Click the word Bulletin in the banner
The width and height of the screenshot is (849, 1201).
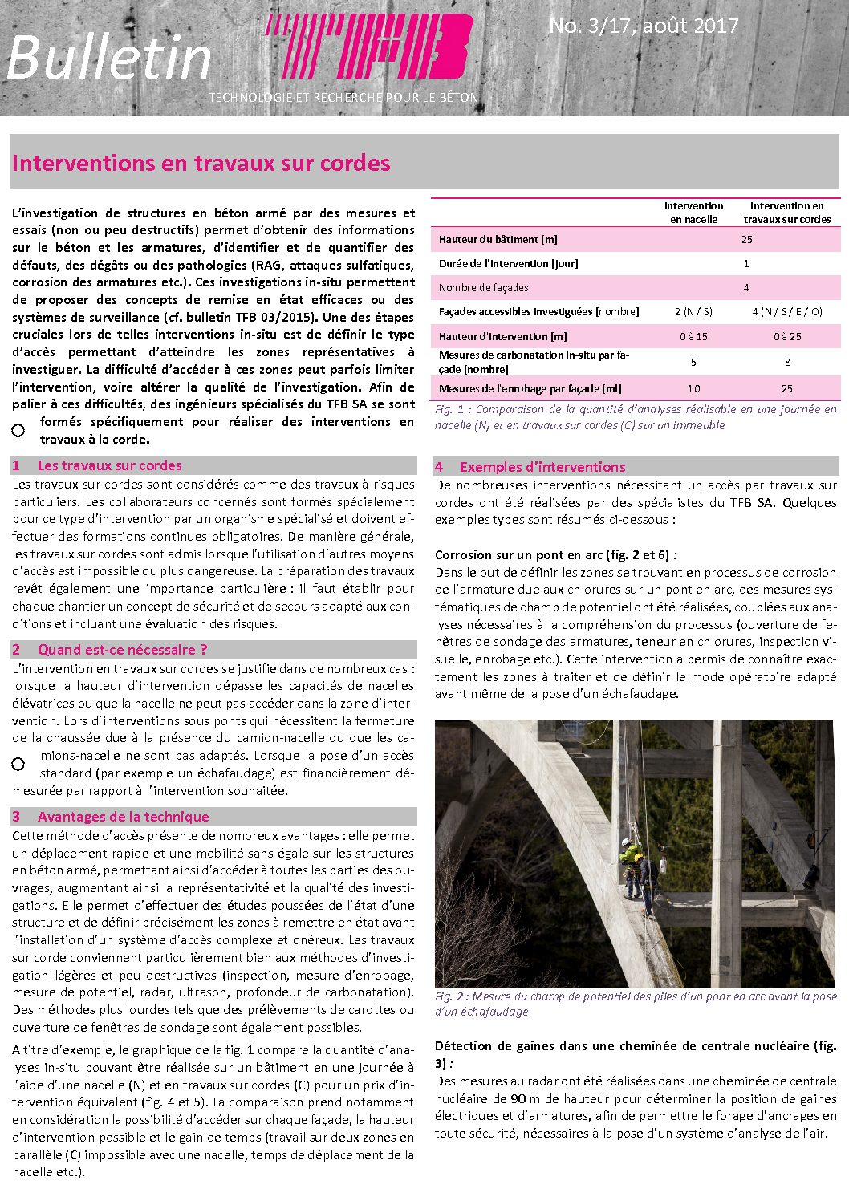(x=108, y=58)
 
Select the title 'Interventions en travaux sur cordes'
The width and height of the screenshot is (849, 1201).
(x=201, y=163)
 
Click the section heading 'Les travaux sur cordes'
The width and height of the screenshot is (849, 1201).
(x=109, y=465)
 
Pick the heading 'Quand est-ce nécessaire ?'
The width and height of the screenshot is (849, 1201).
(x=122, y=650)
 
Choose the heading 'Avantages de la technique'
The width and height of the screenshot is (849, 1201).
(x=123, y=817)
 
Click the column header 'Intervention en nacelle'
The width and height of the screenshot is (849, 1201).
(x=693, y=213)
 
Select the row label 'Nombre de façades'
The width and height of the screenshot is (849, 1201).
(x=484, y=287)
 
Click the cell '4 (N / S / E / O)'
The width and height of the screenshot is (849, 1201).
(x=786, y=311)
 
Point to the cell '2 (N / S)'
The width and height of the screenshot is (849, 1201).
(x=693, y=311)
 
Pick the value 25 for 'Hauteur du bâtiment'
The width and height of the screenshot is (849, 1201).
(x=746, y=239)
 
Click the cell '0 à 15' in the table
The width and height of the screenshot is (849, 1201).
(x=693, y=336)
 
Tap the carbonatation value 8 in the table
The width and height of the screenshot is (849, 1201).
(x=786, y=362)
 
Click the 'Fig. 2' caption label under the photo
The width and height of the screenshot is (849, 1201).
(x=451, y=996)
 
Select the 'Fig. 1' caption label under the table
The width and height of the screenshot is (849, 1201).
(x=451, y=409)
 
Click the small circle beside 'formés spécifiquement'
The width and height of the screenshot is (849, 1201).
(x=18, y=431)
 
